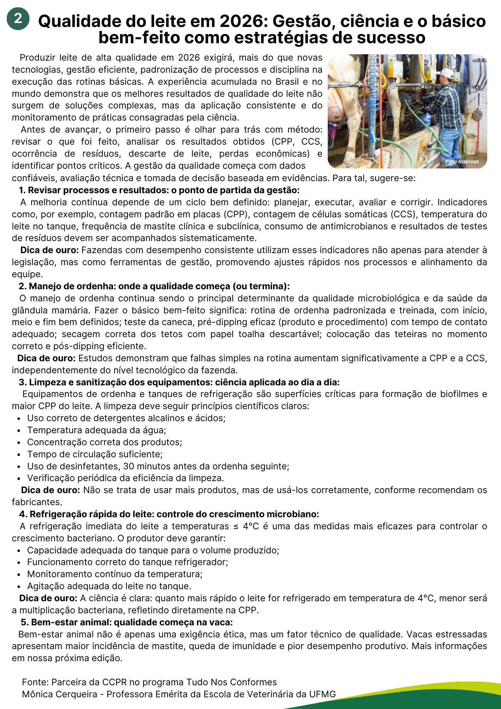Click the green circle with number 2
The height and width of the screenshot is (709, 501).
pyautogui.click(x=18, y=18)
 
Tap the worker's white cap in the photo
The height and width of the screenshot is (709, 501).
pyautogui.click(x=446, y=73)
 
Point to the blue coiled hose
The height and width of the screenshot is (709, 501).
pyautogui.click(x=373, y=89)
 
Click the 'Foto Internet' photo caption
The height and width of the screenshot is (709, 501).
pyautogui.click(x=462, y=162)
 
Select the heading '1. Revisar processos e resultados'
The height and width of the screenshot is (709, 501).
pyautogui.click(x=159, y=190)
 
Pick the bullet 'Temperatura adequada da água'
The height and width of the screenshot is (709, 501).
pyautogui.click(x=96, y=430)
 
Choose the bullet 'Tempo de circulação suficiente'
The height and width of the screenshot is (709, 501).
pyautogui.click(x=95, y=454)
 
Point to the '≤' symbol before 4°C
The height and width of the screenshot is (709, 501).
pyautogui.click(x=236, y=526)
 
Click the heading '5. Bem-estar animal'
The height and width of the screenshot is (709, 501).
pyautogui.click(x=126, y=623)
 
